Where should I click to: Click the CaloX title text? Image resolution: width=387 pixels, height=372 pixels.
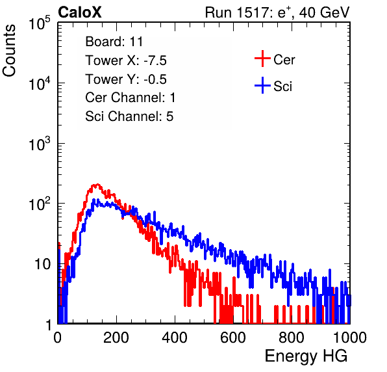coord(80,12)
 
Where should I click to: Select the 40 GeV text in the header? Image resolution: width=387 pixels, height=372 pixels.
coord(325,12)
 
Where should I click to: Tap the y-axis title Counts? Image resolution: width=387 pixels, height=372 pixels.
coord(9,51)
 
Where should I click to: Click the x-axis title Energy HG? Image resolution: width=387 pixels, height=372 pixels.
coord(306,356)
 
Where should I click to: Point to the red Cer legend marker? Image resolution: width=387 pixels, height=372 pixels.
coord(262,59)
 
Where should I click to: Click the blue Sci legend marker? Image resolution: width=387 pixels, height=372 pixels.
coord(262,85)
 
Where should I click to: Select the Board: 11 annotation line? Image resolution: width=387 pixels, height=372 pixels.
coord(114,42)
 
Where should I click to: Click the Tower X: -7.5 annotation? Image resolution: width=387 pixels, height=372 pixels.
coord(126,60)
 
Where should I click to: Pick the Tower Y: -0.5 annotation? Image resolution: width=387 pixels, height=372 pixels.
coord(126,79)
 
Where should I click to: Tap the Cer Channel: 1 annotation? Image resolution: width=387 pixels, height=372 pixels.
coord(131,98)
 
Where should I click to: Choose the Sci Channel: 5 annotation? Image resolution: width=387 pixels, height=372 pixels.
coord(129,116)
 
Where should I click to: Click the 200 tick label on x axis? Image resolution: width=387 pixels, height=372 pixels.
coord(116,338)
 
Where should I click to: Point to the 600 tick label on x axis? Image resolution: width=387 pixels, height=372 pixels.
coord(233,338)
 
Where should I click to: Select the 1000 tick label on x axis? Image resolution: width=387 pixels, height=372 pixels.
coord(350,338)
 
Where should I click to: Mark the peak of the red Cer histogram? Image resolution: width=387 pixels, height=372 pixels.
coord(98,185)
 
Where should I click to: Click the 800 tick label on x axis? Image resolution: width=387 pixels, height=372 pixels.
coord(292,338)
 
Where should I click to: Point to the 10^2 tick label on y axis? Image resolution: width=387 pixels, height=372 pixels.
coord(40,204)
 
